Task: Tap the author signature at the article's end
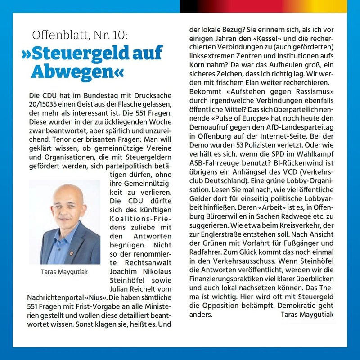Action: (307, 315)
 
